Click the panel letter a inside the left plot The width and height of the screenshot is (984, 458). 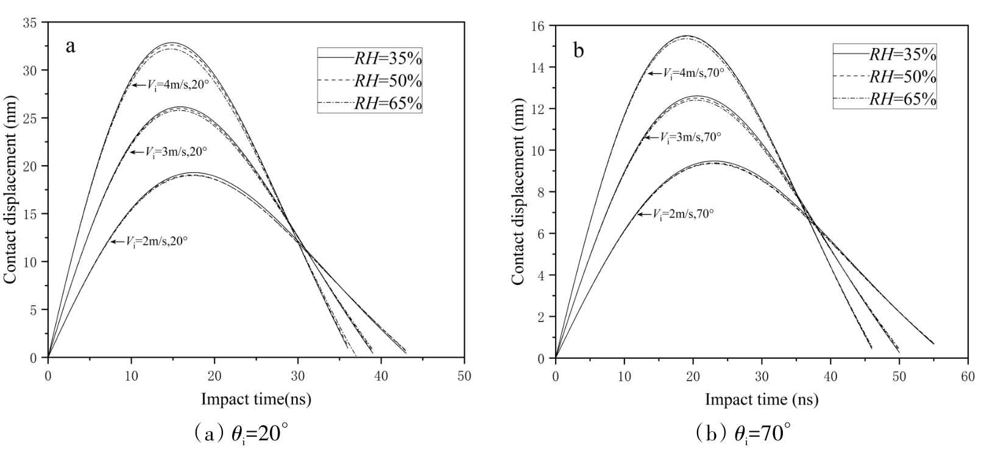pos(71,47)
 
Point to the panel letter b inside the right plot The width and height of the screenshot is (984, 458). pos(578,51)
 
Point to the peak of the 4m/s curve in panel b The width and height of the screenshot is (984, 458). pos(686,36)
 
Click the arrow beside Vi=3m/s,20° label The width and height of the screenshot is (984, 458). pos(135,152)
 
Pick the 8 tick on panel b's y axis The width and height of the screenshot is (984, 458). pos(541,192)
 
